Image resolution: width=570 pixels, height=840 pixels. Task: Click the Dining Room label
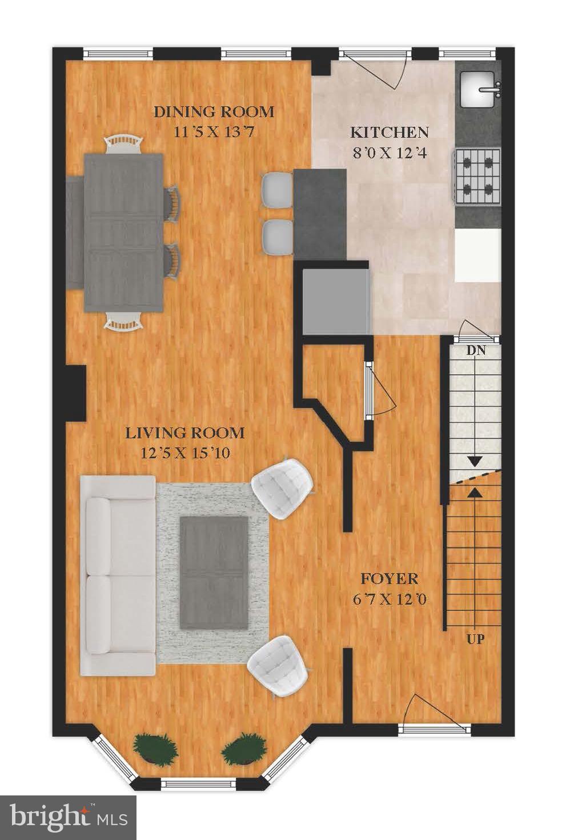[x=214, y=112]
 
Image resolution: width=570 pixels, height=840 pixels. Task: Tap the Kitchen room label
[x=389, y=133]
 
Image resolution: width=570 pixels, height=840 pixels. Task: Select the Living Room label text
[x=185, y=433]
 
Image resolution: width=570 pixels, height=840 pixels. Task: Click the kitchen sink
[x=479, y=89]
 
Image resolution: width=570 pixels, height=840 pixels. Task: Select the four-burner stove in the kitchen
[x=477, y=176]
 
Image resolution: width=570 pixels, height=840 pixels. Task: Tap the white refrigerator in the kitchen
[x=477, y=255]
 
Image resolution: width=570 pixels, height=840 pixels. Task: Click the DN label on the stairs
[x=476, y=351]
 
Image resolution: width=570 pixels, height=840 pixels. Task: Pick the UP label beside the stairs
[x=476, y=639]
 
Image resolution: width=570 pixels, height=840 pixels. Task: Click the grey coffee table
[x=214, y=571]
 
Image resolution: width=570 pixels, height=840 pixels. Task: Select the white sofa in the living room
[x=118, y=575]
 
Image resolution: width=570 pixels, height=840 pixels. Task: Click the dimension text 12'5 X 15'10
[x=185, y=454]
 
